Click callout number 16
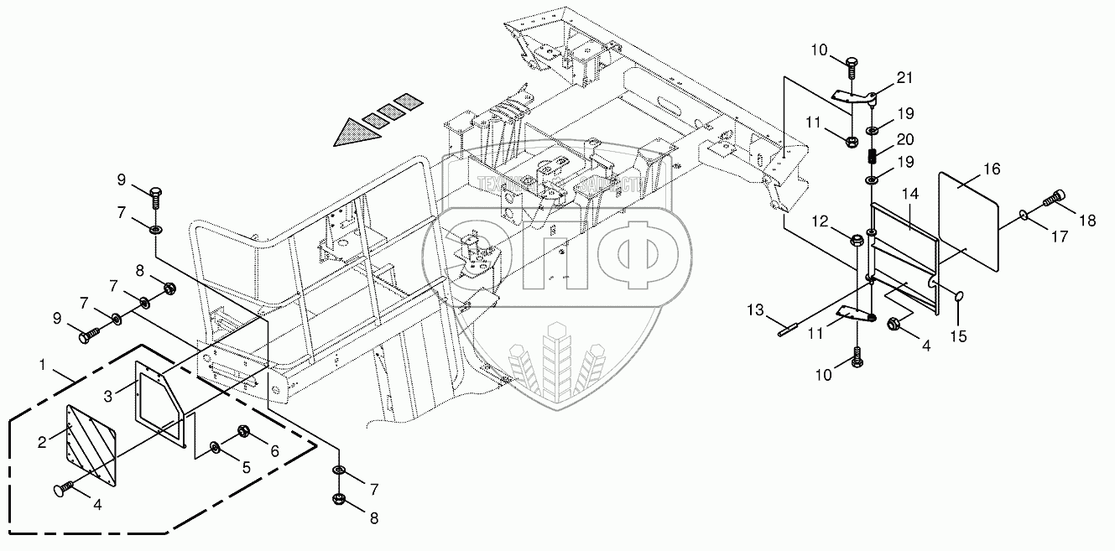[x=992, y=169]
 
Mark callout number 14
[x=910, y=194]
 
